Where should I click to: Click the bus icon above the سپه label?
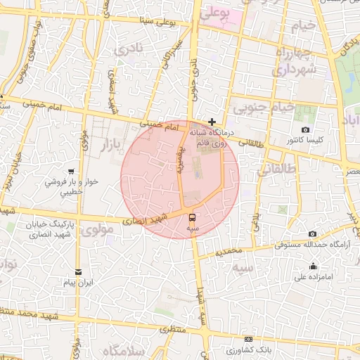pyautogui.click(x=192, y=217)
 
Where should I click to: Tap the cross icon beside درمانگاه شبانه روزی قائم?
pyautogui.click(x=212, y=122)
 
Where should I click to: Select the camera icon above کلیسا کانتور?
pyautogui.click(x=305, y=130)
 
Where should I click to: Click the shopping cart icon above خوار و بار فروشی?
pyautogui.click(x=70, y=171)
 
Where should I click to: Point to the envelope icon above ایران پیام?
pyautogui.click(x=77, y=272)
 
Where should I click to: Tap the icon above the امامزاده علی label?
pyautogui.click(x=313, y=266)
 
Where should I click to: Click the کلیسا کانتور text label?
pyautogui.click(x=305, y=141)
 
